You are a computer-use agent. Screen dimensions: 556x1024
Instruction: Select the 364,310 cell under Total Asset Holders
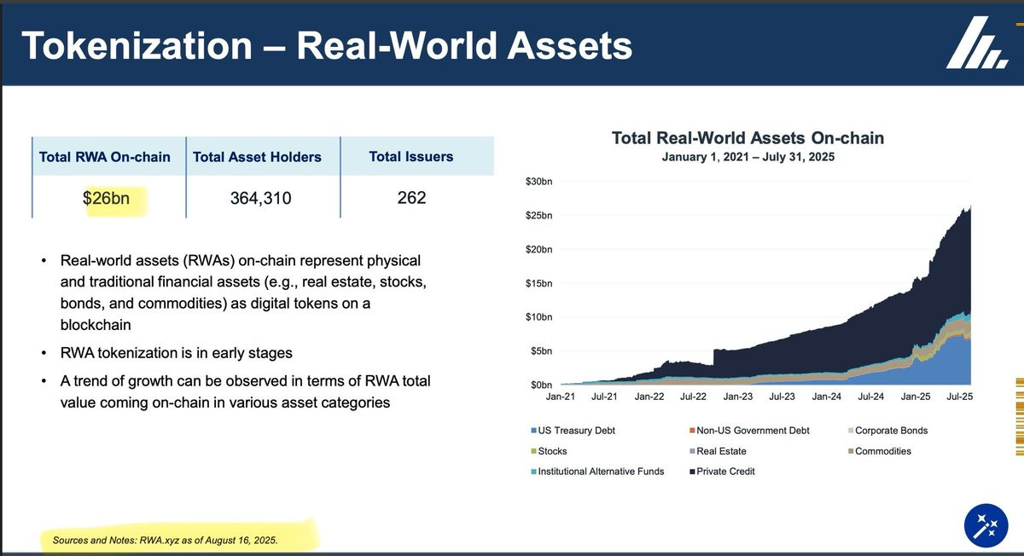[x=260, y=199]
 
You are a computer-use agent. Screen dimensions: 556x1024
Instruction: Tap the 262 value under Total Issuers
[x=411, y=198]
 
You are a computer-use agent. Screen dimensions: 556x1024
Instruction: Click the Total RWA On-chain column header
[x=105, y=157]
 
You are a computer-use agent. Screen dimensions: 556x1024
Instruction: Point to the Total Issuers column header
[x=411, y=157]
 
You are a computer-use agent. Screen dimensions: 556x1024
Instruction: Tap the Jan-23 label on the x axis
[x=738, y=397]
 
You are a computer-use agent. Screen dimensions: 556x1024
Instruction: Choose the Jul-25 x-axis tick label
[x=960, y=397]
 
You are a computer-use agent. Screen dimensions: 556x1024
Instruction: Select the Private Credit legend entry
[x=725, y=472]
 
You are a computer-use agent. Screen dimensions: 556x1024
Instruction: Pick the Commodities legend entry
[x=882, y=451]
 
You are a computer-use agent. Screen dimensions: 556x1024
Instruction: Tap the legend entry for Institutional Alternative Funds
[x=601, y=472]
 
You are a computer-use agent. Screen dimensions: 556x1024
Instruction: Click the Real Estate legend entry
[x=721, y=451]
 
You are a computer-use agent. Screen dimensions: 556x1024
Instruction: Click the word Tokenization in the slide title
[x=139, y=45]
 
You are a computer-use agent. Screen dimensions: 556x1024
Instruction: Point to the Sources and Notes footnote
[x=165, y=541]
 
